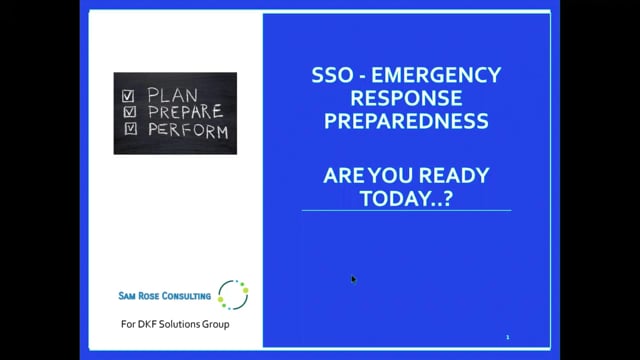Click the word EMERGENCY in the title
(436, 75)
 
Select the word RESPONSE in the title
(407, 98)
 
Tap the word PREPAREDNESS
(407, 121)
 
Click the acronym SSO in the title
(332, 75)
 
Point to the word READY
(454, 176)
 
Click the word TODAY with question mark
(407, 198)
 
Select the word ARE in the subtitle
(344, 176)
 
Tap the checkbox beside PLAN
(128, 96)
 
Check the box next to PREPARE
(130, 111)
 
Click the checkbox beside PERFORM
(131, 128)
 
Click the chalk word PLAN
(173, 95)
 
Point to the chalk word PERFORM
(188, 131)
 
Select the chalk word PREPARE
(186, 111)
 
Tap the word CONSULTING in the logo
(186, 296)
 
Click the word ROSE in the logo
(149, 296)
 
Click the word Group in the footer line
(215, 324)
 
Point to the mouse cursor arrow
(353, 279)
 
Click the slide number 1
(508, 337)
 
